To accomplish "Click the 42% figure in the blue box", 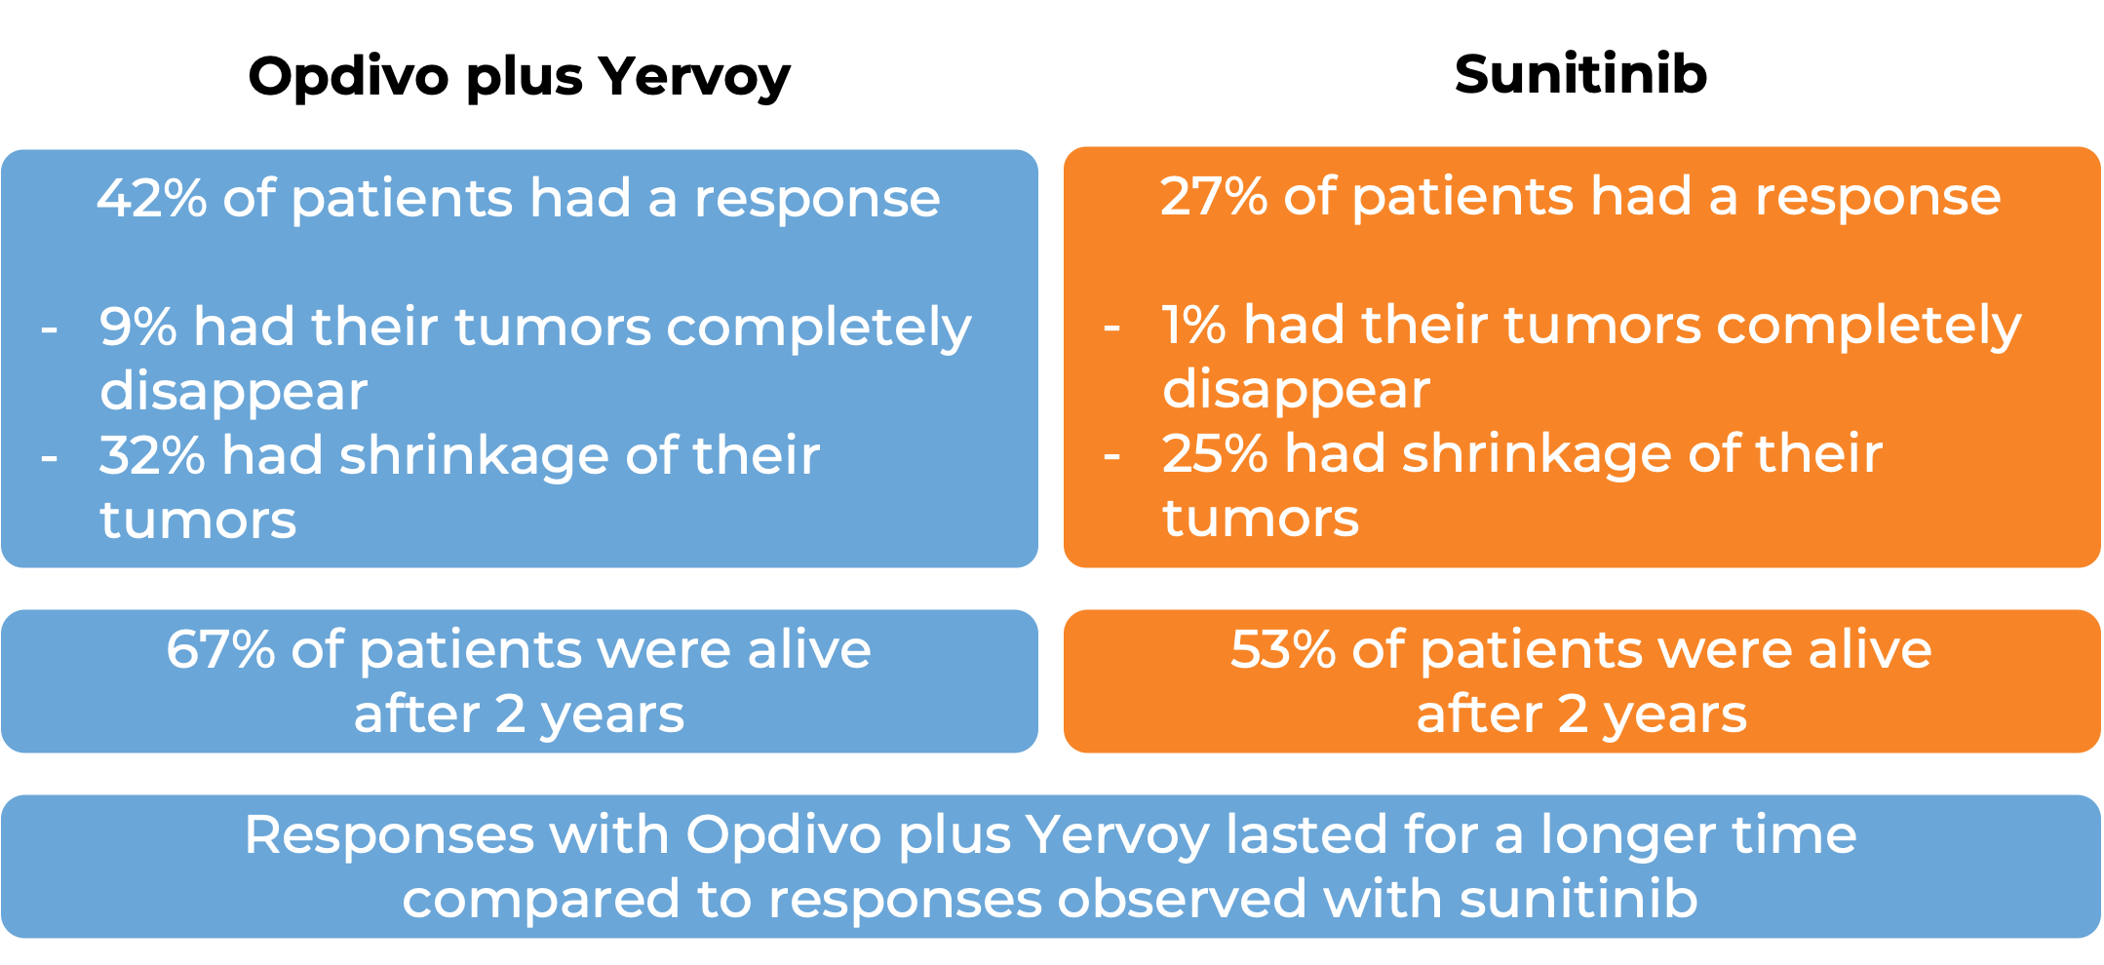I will (152, 199).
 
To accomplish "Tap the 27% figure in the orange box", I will (1213, 197).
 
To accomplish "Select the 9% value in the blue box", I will (137, 327).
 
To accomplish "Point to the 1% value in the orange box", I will (1192, 325).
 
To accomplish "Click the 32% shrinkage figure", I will (151, 456).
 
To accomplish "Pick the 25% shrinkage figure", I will (1215, 454).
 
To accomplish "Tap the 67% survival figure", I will (220, 649).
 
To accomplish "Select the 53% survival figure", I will (1282, 649).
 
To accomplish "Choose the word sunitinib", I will (1578, 899).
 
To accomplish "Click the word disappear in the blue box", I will (234, 393).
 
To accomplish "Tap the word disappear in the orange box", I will (1296, 391).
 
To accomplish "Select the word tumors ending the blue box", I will (198, 520).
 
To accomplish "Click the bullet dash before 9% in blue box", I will (49, 328).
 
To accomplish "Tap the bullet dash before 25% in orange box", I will (1111, 455).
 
